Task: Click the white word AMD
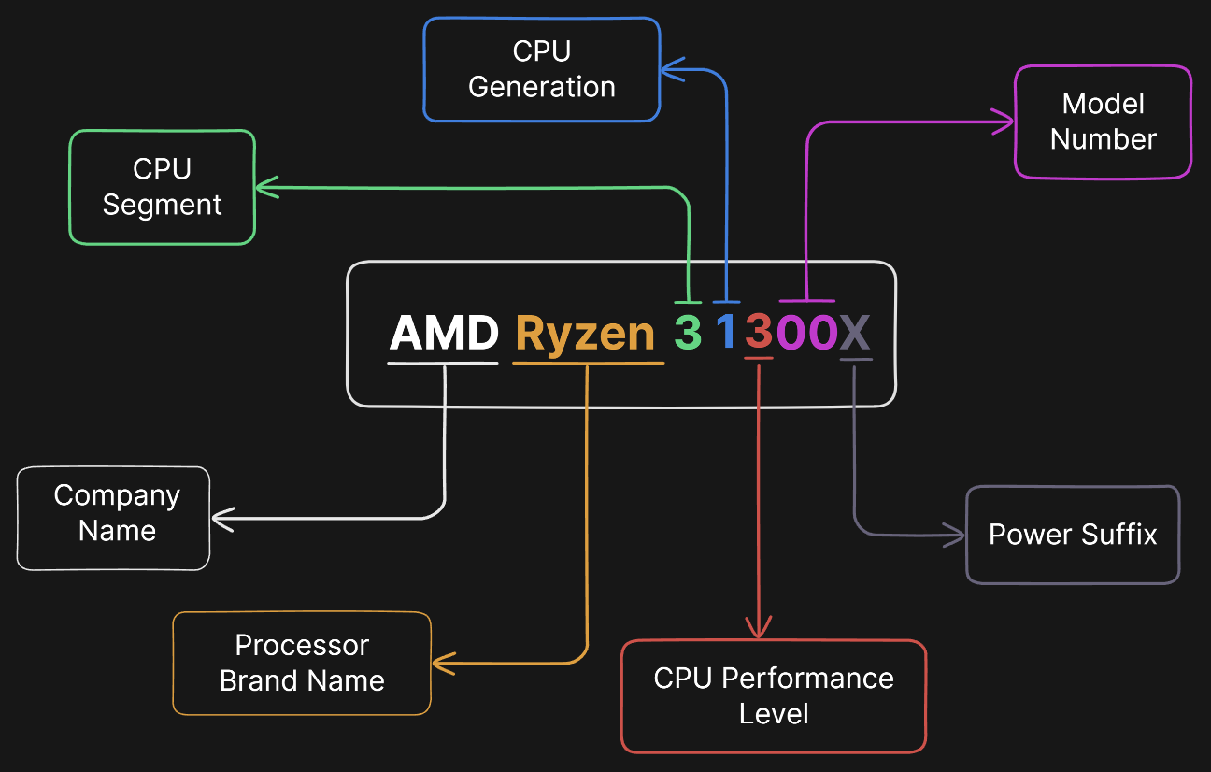coord(444,333)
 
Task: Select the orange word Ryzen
coord(586,333)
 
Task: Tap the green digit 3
coord(688,333)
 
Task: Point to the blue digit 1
coord(726,333)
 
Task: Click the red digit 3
coord(760,333)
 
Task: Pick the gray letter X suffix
coord(855,333)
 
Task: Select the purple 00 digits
coord(807,333)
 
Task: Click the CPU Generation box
coord(541,69)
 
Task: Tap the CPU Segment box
coord(162,187)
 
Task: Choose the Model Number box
coord(1103,122)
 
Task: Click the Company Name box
coord(114,518)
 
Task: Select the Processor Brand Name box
coord(302,664)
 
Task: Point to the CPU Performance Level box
coord(773,696)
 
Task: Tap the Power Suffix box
coord(1073,535)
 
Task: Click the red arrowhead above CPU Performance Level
coord(758,629)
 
